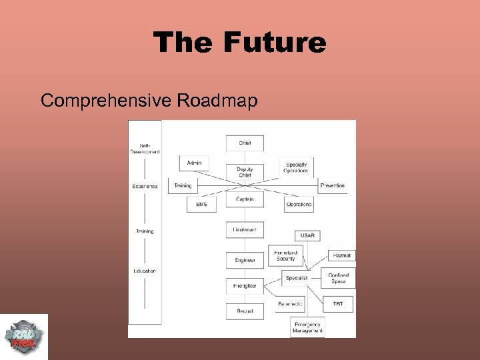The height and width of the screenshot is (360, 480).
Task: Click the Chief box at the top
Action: tap(245, 143)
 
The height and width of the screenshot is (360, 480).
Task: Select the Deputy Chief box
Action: tap(245, 172)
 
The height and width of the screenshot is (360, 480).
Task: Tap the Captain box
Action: tap(245, 199)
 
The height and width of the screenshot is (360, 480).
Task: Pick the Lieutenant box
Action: tap(245, 230)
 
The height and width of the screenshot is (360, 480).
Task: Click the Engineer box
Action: tap(245, 260)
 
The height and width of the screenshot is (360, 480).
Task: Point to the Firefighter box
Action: tap(245, 286)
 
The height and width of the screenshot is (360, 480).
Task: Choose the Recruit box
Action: tap(245, 311)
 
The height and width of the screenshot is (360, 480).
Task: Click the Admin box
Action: tap(194, 163)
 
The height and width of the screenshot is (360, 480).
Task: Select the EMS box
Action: tap(201, 204)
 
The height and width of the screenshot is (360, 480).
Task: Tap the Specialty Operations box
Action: tap(297, 167)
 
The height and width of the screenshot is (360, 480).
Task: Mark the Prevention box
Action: tap(332, 185)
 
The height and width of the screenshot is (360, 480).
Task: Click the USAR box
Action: tap(307, 235)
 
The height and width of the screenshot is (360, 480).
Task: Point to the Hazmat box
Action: tap(341, 255)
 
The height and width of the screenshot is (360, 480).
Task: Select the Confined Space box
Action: tap(339, 278)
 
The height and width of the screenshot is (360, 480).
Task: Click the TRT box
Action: tap(338, 304)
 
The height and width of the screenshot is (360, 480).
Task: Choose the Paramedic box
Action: tap(290, 304)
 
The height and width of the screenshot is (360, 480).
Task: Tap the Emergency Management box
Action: tap(307, 327)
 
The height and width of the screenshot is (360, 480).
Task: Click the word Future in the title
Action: tap(275, 43)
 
